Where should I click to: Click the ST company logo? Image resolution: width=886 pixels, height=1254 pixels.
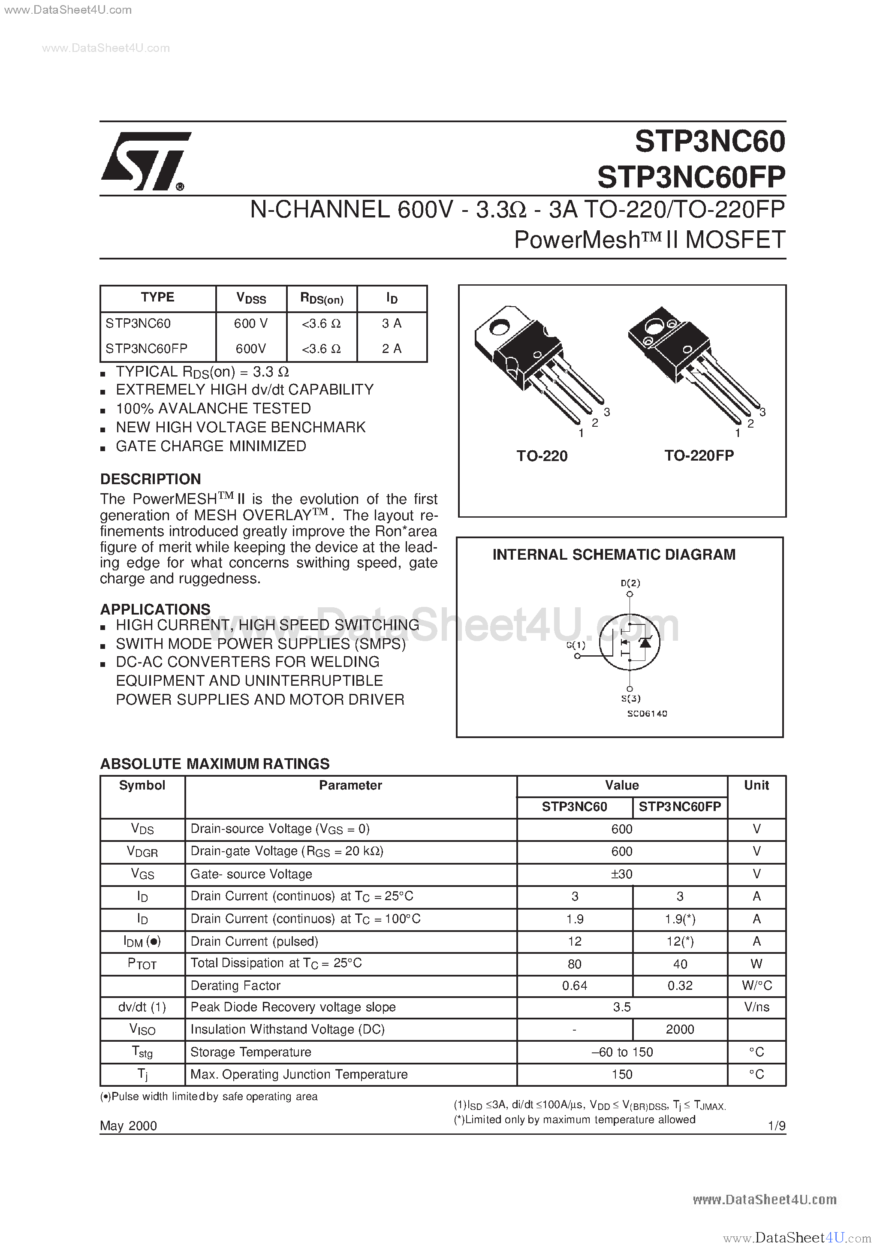[x=145, y=161]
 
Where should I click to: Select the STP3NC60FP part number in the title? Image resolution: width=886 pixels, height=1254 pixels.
[x=690, y=177]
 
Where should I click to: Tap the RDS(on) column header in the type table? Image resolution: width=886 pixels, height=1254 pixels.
[x=321, y=298]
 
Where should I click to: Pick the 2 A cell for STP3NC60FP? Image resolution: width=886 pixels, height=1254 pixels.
[x=391, y=349]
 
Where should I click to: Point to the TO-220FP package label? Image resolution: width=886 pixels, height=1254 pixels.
[x=699, y=455]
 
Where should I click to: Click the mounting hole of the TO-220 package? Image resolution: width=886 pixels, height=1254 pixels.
[x=498, y=328]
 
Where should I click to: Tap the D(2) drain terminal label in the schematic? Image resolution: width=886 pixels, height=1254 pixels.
[x=630, y=583]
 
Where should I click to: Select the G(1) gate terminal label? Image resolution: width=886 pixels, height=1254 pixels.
[x=575, y=645]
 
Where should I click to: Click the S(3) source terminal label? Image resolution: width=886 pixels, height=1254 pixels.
[x=630, y=698]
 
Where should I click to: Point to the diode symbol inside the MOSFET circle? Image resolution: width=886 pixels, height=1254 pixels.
[x=645, y=642]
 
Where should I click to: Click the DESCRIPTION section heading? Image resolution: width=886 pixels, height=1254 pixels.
[x=150, y=479]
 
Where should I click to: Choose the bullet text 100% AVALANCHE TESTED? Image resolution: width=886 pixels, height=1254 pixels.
[x=213, y=409]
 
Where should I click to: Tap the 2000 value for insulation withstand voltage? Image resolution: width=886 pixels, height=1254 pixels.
[x=680, y=1029]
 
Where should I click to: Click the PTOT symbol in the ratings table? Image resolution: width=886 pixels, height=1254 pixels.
[x=142, y=963]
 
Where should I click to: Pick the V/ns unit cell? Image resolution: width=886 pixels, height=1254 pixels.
[x=756, y=1007]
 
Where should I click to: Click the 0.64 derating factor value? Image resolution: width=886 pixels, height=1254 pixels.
[x=574, y=985]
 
